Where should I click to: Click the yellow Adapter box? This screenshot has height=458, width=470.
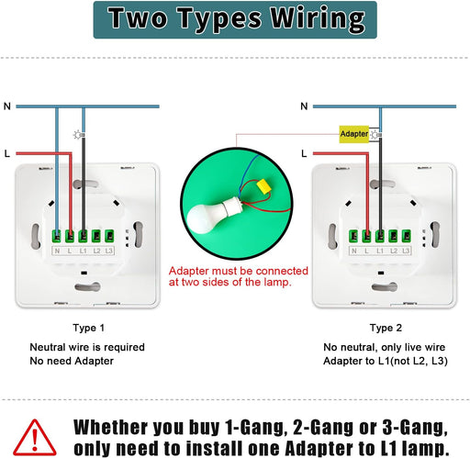(354, 134)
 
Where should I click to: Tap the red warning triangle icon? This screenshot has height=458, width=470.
(35, 437)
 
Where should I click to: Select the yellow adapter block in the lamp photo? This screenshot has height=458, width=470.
(264, 186)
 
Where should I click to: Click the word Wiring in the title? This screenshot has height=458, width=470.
(318, 19)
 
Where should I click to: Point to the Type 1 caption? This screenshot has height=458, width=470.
(89, 328)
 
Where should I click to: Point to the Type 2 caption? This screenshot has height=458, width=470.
(386, 328)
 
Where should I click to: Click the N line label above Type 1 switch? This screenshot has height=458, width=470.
(7, 106)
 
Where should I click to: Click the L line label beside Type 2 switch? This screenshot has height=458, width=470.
(304, 153)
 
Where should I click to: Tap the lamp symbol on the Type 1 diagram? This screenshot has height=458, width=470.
(79, 135)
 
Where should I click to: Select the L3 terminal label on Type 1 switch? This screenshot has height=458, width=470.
(109, 251)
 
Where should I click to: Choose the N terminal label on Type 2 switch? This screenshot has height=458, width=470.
(354, 251)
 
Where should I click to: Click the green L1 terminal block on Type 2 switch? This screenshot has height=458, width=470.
(380, 236)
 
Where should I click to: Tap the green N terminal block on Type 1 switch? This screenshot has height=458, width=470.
(57, 236)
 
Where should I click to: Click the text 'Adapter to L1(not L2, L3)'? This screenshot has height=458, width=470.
(386, 361)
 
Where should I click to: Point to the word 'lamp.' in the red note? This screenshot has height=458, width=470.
(277, 282)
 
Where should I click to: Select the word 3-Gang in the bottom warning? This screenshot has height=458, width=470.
(415, 428)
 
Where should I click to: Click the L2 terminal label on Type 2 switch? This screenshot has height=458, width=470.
(394, 251)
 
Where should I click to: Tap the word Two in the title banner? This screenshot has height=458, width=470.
(138, 18)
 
